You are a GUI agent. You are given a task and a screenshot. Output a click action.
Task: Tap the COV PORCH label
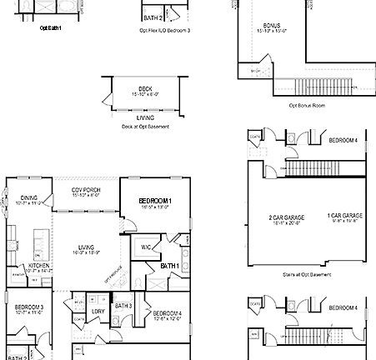tap(86, 190)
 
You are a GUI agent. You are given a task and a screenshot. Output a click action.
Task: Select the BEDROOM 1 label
tap(155, 202)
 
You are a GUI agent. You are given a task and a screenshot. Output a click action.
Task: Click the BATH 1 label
tap(170, 264)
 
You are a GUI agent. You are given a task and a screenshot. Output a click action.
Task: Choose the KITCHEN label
tap(28, 265)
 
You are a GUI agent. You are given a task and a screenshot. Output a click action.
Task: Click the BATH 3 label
tap(123, 306)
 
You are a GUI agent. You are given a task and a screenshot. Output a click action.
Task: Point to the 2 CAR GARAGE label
tap(286, 217)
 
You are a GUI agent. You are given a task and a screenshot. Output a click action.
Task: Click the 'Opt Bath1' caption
tap(51, 27)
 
